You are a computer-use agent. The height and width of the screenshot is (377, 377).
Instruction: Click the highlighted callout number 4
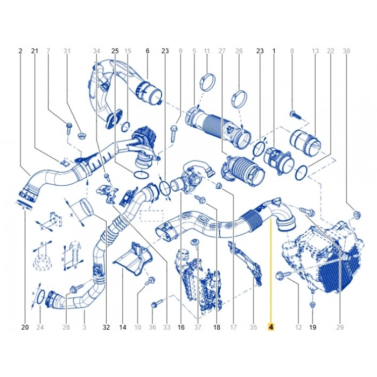(271, 327)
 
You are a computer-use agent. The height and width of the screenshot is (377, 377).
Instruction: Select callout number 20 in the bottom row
(25, 327)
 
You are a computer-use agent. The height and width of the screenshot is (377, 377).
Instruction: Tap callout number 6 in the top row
(148, 51)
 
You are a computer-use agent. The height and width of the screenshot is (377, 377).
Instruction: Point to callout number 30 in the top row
(346, 51)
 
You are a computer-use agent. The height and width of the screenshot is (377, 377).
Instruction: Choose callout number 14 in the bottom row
(123, 327)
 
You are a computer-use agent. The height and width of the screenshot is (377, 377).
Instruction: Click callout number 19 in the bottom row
(312, 327)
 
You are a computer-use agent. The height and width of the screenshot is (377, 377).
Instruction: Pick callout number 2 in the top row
(20, 51)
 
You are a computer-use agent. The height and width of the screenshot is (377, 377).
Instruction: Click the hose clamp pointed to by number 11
(207, 82)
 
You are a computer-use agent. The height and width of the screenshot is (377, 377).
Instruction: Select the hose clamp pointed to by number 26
(239, 99)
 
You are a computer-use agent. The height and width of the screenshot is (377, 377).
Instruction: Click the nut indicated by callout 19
(312, 305)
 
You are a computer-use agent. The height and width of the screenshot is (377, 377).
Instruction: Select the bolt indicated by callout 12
(284, 275)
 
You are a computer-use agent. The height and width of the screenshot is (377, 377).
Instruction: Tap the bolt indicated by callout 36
(157, 303)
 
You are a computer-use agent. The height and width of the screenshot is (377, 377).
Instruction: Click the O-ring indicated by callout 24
(41, 297)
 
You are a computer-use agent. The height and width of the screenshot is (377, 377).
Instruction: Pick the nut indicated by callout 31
(82, 136)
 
